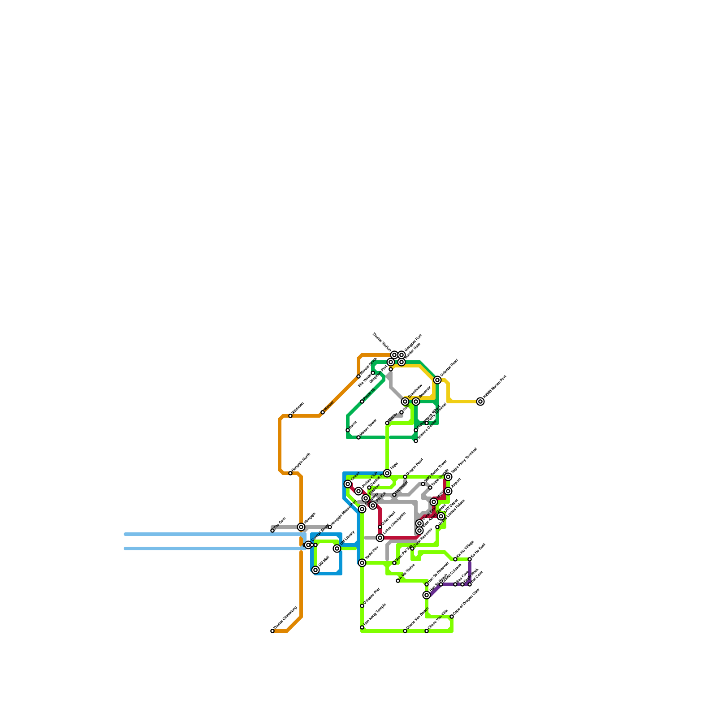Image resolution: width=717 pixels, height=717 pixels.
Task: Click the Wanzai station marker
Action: pos(323,412)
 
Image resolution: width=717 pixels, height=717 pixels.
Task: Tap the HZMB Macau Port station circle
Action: pos(480,402)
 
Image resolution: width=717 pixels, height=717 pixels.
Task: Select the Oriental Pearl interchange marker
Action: pos(437,380)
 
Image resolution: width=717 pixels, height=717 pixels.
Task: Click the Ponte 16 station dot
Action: pos(362,402)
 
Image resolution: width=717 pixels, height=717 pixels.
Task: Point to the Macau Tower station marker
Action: pos(358,437)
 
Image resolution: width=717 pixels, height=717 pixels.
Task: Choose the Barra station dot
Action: pos(348,430)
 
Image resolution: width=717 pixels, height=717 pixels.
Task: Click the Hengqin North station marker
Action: pos(290,473)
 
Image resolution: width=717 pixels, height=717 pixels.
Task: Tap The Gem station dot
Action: pos(272,531)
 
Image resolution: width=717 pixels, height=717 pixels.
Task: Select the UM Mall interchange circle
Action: pos(315,570)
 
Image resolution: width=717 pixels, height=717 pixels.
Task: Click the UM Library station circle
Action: pos(337,549)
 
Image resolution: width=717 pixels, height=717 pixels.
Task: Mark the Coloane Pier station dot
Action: pos(362,606)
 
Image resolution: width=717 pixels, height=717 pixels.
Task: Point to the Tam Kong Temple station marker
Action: pos(362,627)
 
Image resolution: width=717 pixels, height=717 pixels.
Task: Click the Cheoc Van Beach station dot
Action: pos(405,631)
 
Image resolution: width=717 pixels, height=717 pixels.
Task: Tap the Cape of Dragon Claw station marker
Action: pos(452,617)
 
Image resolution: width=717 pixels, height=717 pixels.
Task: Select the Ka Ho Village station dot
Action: pos(455,559)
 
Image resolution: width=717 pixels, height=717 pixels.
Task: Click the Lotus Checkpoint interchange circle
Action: pos(380,538)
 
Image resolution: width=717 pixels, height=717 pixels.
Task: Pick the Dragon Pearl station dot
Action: pos(405,477)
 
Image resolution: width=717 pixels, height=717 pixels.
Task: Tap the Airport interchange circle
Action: pos(448,492)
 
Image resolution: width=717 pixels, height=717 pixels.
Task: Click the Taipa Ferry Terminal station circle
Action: pos(448,477)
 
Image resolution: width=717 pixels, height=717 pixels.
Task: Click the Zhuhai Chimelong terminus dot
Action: pos(272,631)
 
